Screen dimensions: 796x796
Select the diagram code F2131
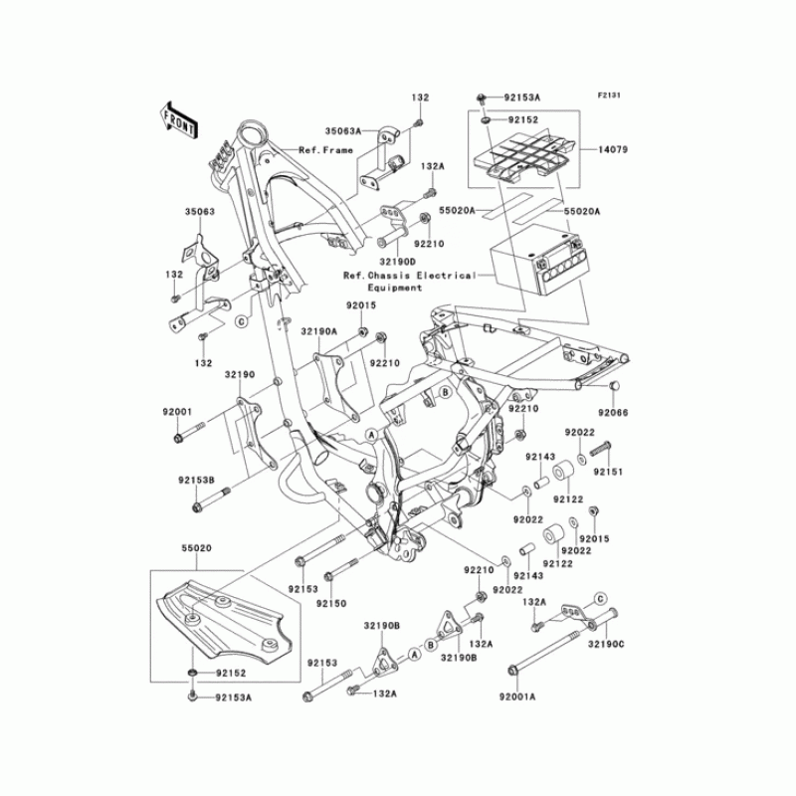[609, 96]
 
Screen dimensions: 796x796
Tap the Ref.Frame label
[325, 149]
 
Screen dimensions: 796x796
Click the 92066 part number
[614, 412]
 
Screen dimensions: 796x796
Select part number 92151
[609, 472]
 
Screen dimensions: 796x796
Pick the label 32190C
[604, 645]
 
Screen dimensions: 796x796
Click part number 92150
[331, 603]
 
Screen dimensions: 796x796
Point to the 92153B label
[197, 480]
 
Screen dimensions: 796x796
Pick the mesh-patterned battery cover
[521, 157]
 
